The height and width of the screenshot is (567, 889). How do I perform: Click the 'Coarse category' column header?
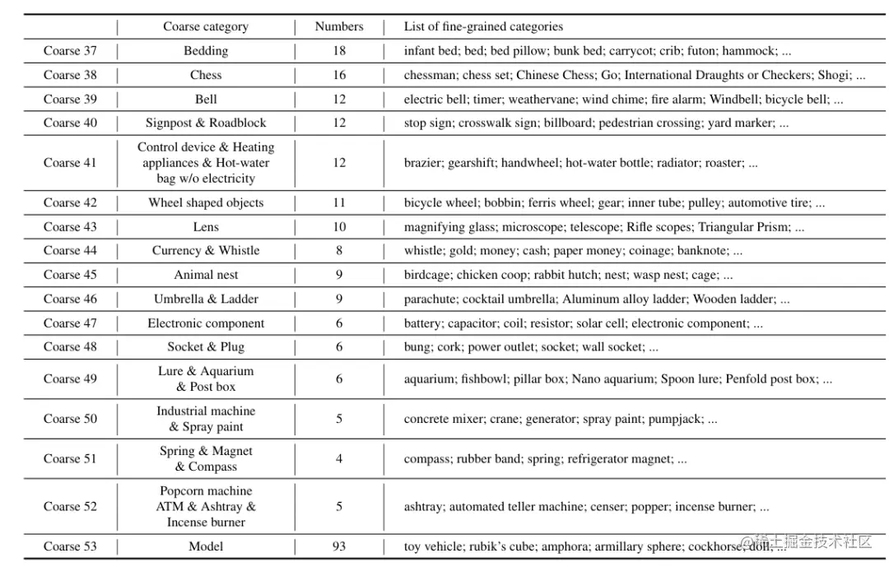click(x=206, y=26)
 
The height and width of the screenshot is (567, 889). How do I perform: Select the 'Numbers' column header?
click(x=339, y=26)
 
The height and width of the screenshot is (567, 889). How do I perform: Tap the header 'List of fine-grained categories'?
click(x=483, y=26)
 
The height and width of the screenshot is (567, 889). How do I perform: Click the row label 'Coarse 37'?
click(x=70, y=51)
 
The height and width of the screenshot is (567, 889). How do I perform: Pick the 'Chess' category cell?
click(x=206, y=75)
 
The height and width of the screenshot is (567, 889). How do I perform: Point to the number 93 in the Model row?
click(x=339, y=546)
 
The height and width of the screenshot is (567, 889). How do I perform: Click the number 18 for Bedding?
click(x=339, y=51)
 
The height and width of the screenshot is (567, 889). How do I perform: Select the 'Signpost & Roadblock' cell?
click(x=206, y=123)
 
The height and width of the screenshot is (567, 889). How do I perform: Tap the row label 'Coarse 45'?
click(x=70, y=275)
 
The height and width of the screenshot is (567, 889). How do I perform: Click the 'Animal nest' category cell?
click(x=206, y=275)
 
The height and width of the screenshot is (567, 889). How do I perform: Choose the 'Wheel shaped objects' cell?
click(x=206, y=202)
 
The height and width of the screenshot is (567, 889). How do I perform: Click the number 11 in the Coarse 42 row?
click(x=339, y=202)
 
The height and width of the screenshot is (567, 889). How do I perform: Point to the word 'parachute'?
click(x=430, y=300)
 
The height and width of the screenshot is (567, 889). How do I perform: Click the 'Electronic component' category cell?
click(x=206, y=323)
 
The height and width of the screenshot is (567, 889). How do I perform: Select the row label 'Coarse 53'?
click(x=70, y=546)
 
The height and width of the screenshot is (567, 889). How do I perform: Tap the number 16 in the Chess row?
click(x=339, y=75)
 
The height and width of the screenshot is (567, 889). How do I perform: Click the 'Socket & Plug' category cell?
click(x=206, y=347)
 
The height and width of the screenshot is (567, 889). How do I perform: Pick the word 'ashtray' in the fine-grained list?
click(x=422, y=507)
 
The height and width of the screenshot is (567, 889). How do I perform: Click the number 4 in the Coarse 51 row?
click(x=339, y=459)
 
